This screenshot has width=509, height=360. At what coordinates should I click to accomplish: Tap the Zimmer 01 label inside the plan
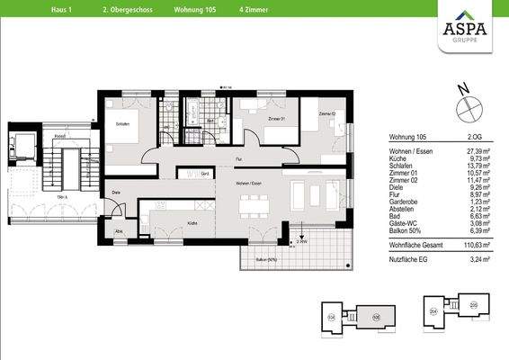(x=276, y=119)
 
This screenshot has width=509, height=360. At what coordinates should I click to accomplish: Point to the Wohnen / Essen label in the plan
(x=248, y=183)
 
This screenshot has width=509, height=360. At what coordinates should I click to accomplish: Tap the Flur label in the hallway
(x=239, y=158)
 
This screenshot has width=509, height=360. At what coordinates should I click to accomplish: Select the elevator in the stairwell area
(x=22, y=144)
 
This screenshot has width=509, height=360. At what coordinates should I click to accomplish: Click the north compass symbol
(x=467, y=107)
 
